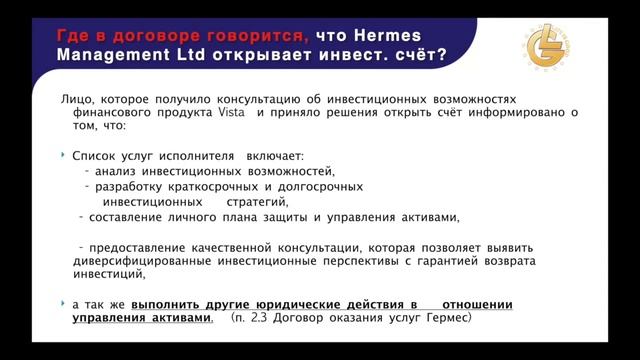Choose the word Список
point(96,156)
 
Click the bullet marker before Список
point(63,155)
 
